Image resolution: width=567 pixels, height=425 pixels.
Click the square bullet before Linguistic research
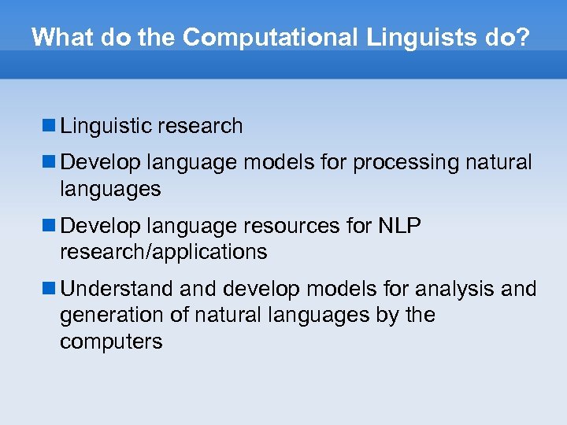49,125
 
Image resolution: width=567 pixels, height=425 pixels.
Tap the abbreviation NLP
399,227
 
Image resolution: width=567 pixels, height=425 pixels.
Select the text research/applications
163,253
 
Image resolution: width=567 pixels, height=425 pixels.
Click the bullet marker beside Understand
49,289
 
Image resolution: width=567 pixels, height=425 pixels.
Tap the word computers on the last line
111,342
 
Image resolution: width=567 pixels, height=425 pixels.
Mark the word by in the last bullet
390,316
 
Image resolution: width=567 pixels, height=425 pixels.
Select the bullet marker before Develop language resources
49,226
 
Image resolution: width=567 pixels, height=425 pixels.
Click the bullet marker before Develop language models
49,162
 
